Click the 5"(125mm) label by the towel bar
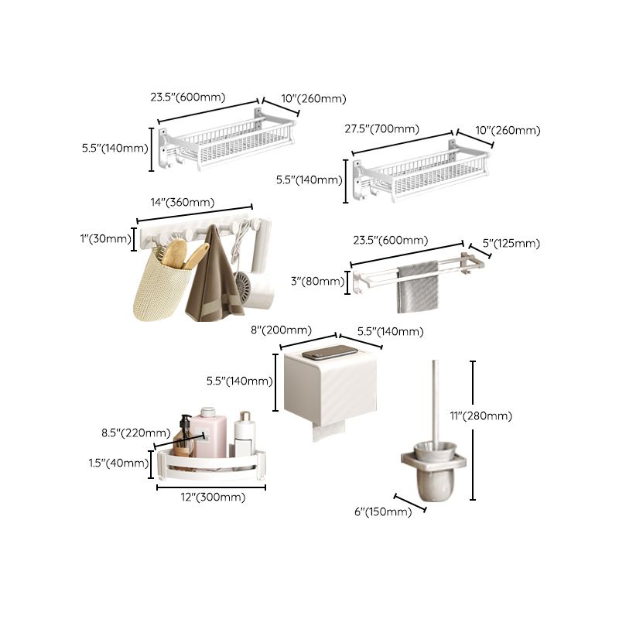(511, 244)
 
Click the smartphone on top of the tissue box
(330, 353)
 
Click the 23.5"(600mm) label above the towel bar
(390, 240)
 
